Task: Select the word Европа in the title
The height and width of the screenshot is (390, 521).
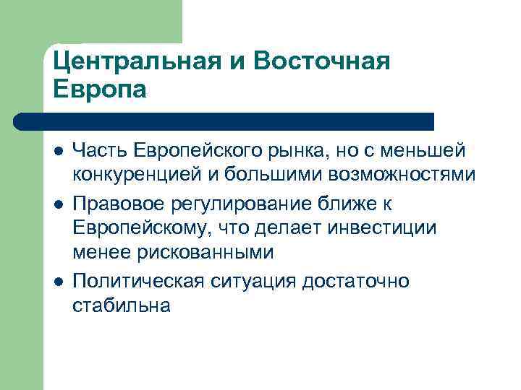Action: tap(100, 90)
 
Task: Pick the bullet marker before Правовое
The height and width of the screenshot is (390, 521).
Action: tap(57, 204)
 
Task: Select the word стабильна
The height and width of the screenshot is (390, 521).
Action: tap(122, 306)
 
